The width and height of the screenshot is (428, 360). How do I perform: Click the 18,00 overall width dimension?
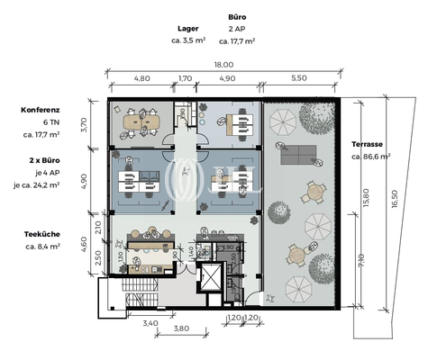pyautogui.click(x=223, y=64)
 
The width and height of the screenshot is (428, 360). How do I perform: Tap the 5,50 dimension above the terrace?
pyautogui.click(x=298, y=78)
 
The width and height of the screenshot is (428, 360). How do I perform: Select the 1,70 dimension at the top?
pyautogui.click(x=186, y=78)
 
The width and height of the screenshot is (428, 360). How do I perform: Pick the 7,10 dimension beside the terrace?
pyautogui.click(x=361, y=261)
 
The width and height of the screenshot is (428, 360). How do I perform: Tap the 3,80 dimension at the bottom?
pyautogui.click(x=181, y=328)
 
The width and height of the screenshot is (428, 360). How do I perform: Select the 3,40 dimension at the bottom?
pyautogui.click(x=150, y=321)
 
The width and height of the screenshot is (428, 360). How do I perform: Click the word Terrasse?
pyautogui.click(x=369, y=144)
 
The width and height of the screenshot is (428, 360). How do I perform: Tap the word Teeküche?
pyautogui.click(x=42, y=234)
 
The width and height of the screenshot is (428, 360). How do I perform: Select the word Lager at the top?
pyautogui.click(x=188, y=29)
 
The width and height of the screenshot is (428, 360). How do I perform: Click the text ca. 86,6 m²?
pyautogui.click(x=370, y=157)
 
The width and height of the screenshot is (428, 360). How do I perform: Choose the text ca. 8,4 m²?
pyautogui.click(x=42, y=246)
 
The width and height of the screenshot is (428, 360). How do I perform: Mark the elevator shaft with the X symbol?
pyautogui.click(x=209, y=277)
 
